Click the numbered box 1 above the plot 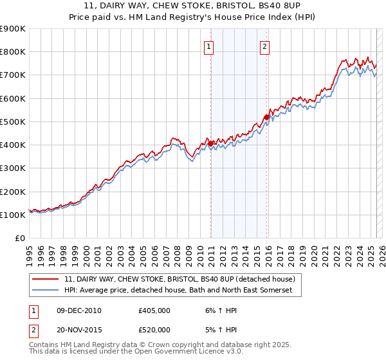[x=210, y=46]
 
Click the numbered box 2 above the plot [x=265, y=46]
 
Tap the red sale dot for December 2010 [x=210, y=143]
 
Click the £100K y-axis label [x=13, y=215]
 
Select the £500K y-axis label [x=13, y=122]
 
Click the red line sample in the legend [x=45, y=280]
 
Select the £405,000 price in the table [x=154, y=310]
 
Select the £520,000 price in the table [x=154, y=330]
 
